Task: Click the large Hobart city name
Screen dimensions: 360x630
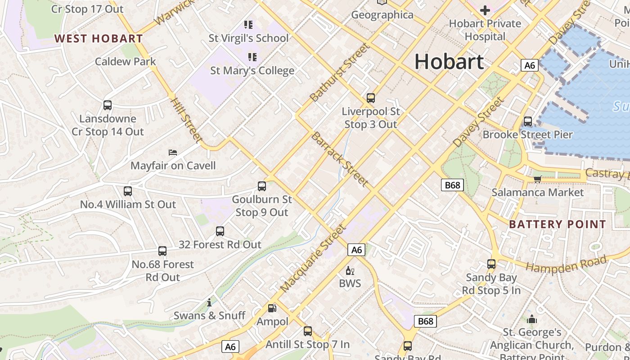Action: point(449,61)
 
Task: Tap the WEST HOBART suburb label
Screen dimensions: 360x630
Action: point(99,38)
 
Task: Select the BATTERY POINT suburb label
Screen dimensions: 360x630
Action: point(558,224)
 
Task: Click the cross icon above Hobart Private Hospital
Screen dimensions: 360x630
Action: point(485,10)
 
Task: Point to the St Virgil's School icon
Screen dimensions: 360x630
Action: point(248,24)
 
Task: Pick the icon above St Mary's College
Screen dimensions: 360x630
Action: point(252,57)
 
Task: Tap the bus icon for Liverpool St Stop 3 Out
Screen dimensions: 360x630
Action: point(371,98)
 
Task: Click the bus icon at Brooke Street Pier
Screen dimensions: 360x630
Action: point(528,121)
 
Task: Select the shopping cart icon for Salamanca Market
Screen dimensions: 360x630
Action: point(537,179)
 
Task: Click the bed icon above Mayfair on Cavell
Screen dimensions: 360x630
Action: point(173,153)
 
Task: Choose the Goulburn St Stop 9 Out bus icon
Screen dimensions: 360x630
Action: point(262,186)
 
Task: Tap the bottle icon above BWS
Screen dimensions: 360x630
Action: point(350,270)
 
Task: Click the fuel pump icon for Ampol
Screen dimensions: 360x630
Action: point(272,308)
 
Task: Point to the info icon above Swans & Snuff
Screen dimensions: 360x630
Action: point(209,302)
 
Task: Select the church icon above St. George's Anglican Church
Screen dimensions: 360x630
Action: point(532,319)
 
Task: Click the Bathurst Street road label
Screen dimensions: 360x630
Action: point(339,72)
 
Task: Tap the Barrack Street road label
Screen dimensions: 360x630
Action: point(340,159)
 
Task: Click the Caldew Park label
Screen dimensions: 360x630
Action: point(125,61)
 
